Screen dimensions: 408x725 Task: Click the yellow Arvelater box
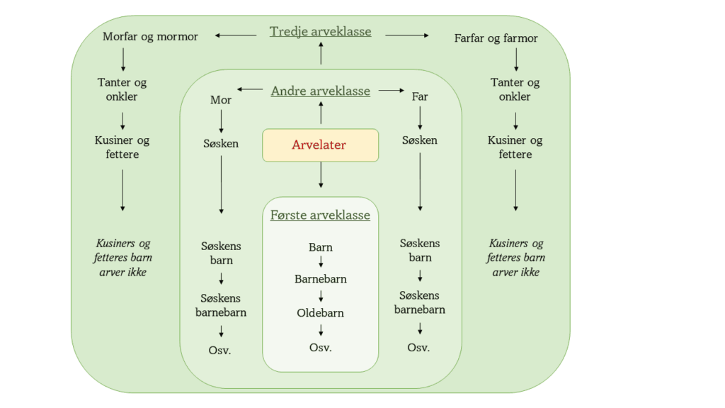320,144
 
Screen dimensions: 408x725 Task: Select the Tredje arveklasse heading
320,32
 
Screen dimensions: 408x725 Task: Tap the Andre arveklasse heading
320,91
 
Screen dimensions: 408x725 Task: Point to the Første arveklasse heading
320,215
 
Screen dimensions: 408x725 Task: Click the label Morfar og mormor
150,36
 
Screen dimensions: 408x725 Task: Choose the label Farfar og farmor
496,38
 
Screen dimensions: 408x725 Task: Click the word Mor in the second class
221,100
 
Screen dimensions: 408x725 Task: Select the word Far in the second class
420,96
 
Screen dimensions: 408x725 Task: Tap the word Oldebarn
320,312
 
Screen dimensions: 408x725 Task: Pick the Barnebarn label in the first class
321,278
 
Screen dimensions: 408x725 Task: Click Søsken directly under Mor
221,143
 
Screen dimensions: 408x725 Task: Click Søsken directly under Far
420,140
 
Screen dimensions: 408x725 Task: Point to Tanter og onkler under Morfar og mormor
122,89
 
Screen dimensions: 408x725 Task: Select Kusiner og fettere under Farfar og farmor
515,147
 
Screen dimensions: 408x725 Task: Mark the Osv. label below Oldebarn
321,347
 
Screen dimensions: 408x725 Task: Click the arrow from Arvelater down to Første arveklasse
321,175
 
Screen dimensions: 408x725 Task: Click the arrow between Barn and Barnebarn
321,262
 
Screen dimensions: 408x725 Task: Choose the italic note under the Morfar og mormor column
122,258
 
